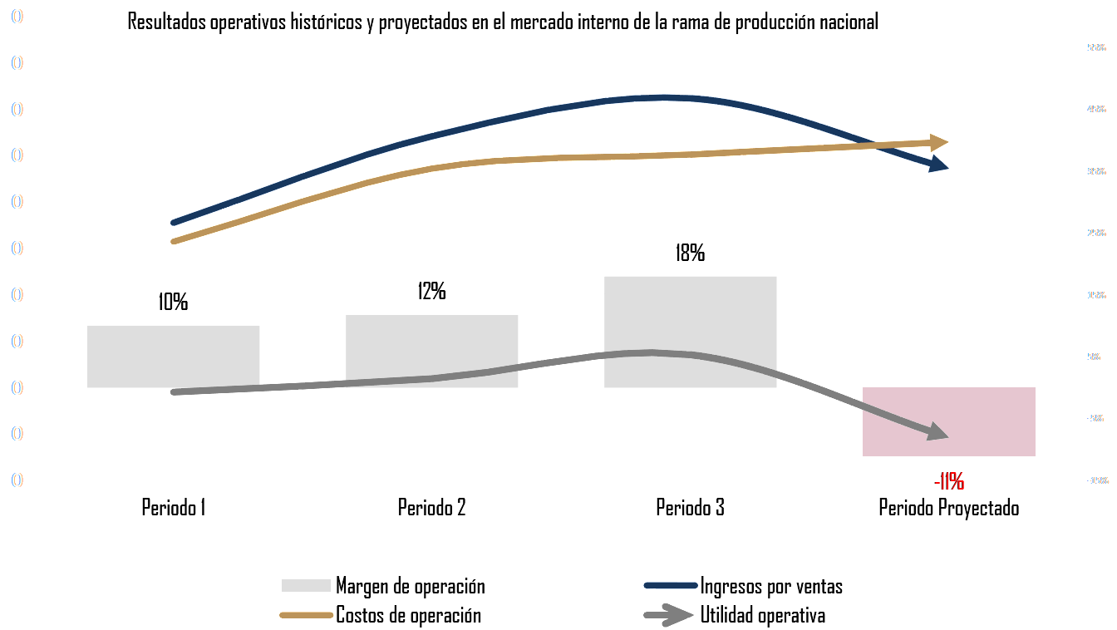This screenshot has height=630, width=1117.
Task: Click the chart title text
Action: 502,22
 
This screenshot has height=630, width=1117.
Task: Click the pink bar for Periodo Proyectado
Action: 948,421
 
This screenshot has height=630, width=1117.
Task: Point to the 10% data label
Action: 173,302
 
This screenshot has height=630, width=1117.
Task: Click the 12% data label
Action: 431,291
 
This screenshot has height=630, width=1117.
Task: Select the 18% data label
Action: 690,253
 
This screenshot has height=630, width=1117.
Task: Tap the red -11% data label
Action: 948,481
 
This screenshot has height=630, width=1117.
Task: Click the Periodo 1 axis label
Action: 173,507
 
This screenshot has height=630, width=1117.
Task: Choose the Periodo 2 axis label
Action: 431,507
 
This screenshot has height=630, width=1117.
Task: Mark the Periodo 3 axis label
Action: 690,507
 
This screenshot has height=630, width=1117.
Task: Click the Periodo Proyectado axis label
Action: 948,507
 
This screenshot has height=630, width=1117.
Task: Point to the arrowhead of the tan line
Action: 939,142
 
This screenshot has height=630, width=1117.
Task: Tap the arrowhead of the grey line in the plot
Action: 938,433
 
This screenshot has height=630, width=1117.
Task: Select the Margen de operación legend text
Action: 410,586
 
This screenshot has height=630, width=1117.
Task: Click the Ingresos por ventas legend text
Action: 770,586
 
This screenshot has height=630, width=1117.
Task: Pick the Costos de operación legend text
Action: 408,616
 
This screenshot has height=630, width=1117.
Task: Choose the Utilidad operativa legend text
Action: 762,616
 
